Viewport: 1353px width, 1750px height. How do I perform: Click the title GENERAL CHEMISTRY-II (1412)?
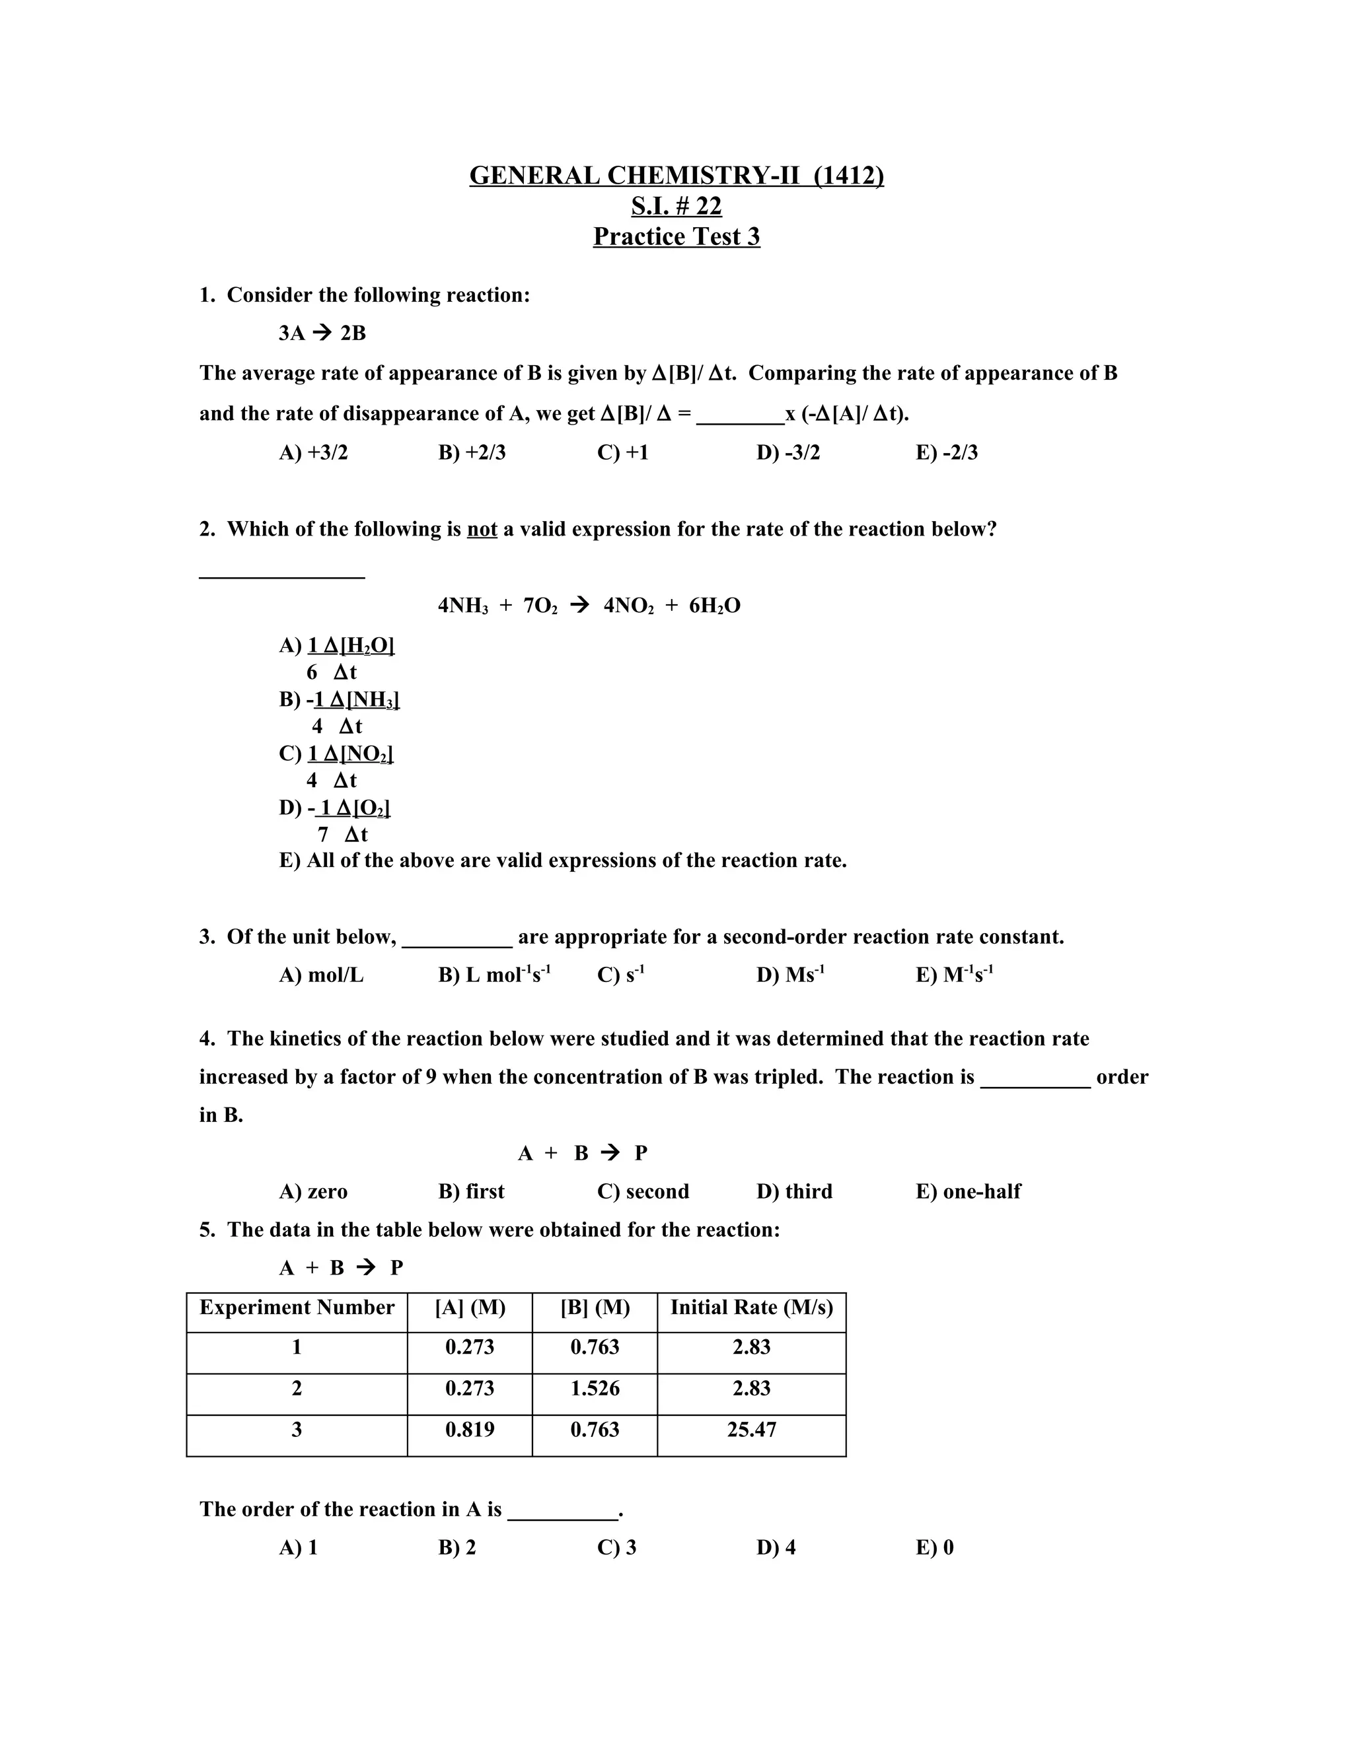676,176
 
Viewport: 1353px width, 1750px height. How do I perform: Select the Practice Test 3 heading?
676,236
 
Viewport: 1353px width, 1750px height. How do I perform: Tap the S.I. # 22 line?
676,206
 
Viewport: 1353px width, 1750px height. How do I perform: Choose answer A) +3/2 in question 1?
313,453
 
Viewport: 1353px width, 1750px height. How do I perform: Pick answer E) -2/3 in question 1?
947,453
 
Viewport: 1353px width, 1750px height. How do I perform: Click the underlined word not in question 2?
482,530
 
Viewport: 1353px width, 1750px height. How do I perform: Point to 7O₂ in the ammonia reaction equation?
540,606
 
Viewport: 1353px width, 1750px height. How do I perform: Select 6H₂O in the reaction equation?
714,606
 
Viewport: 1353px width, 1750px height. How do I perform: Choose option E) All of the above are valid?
563,860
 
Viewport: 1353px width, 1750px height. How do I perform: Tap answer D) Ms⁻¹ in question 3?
790,975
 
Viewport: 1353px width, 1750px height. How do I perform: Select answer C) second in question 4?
643,1191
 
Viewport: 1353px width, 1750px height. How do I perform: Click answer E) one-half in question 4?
969,1191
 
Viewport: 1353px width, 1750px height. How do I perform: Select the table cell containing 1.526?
595,1389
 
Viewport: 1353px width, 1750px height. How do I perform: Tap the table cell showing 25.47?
751,1430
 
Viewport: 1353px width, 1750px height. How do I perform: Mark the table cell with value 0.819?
470,1430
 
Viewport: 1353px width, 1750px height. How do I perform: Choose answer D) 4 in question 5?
776,1547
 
